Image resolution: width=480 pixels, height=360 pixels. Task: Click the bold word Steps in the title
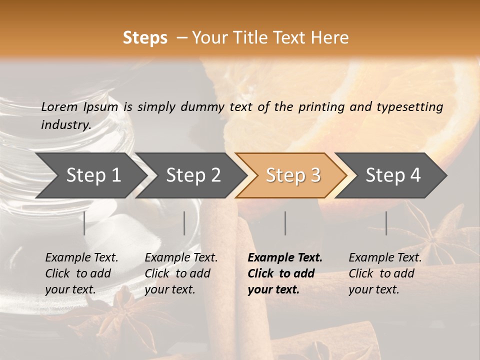[x=145, y=38]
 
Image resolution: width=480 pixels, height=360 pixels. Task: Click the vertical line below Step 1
[x=84, y=223]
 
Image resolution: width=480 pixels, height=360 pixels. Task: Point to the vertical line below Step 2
[x=184, y=223]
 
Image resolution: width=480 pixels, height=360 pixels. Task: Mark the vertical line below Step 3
[x=285, y=223]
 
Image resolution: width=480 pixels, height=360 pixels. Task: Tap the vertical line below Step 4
[x=386, y=223]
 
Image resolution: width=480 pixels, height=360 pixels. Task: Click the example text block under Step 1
[x=81, y=273]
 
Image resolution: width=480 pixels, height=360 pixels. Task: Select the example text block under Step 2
[x=181, y=273]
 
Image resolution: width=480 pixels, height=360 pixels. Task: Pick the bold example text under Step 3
[x=285, y=273]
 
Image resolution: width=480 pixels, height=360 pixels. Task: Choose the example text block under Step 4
[x=385, y=273]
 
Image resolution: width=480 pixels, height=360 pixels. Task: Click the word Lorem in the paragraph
[x=59, y=107]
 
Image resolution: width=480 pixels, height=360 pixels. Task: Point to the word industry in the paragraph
[x=65, y=125]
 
